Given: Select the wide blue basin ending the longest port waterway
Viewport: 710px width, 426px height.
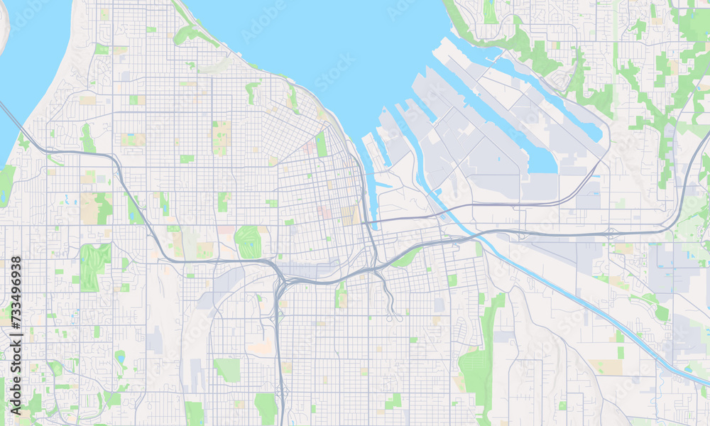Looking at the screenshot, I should click(543, 160).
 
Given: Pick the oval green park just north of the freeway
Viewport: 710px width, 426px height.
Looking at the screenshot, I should click(248, 242).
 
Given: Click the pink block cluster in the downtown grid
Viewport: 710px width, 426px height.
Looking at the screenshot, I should click(324, 212).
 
